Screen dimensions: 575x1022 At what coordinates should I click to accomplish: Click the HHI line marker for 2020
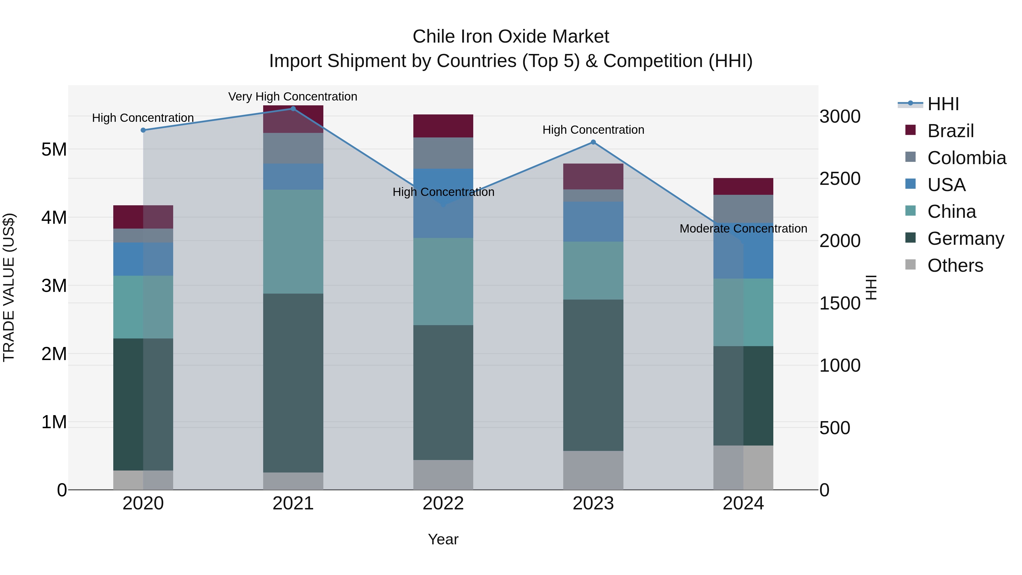pyautogui.click(x=143, y=130)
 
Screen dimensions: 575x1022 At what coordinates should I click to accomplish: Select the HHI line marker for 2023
pyautogui.click(x=593, y=142)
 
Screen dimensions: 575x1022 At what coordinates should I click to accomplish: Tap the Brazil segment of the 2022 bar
pyautogui.click(x=443, y=126)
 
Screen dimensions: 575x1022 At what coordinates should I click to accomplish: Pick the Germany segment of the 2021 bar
pyautogui.click(x=293, y=383)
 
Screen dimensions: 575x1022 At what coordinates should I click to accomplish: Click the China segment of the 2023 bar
pyautogui.click(x=593, y=271)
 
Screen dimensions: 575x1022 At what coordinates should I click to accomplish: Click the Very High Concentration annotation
pyautogui.click(x=293, y=97)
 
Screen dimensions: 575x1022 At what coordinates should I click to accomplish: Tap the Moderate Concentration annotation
pyautogui.click(x=743, y=229)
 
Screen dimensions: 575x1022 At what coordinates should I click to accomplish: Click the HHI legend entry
pyautogui.click(x=943, y=104)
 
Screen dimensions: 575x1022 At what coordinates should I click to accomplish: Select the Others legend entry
pyautogui.click(x=955, y=265)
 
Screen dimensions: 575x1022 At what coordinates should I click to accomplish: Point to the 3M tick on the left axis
pyautogui.click(x=54, y=286)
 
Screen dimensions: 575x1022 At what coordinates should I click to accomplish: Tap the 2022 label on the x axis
pyautogui.click(x=443, y=503)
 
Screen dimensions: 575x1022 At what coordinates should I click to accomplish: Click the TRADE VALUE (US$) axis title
pyautogui.click(x=9, y=287)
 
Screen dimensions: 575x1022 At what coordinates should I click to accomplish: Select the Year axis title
pyautogui.click(x=443, y=539)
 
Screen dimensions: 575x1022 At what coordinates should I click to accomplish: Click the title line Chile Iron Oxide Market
pyautogui.click(x=511, y=37)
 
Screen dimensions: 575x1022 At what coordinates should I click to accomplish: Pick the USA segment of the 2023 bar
pyautogui.click(x=593, y=221)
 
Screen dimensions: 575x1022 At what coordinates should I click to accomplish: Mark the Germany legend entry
pyautogui.click(x=965, y=239)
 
